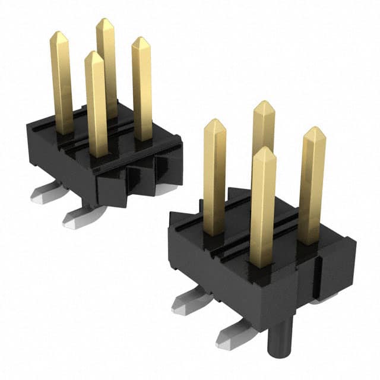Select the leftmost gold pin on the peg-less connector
pos(61,83)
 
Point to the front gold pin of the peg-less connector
pos(96,104)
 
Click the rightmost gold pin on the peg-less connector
pos(141,89)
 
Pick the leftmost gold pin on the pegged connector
pos(214,178)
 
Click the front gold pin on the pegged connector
pos(262,208)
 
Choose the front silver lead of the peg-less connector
pos(77,217)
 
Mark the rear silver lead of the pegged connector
pos(189,303)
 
